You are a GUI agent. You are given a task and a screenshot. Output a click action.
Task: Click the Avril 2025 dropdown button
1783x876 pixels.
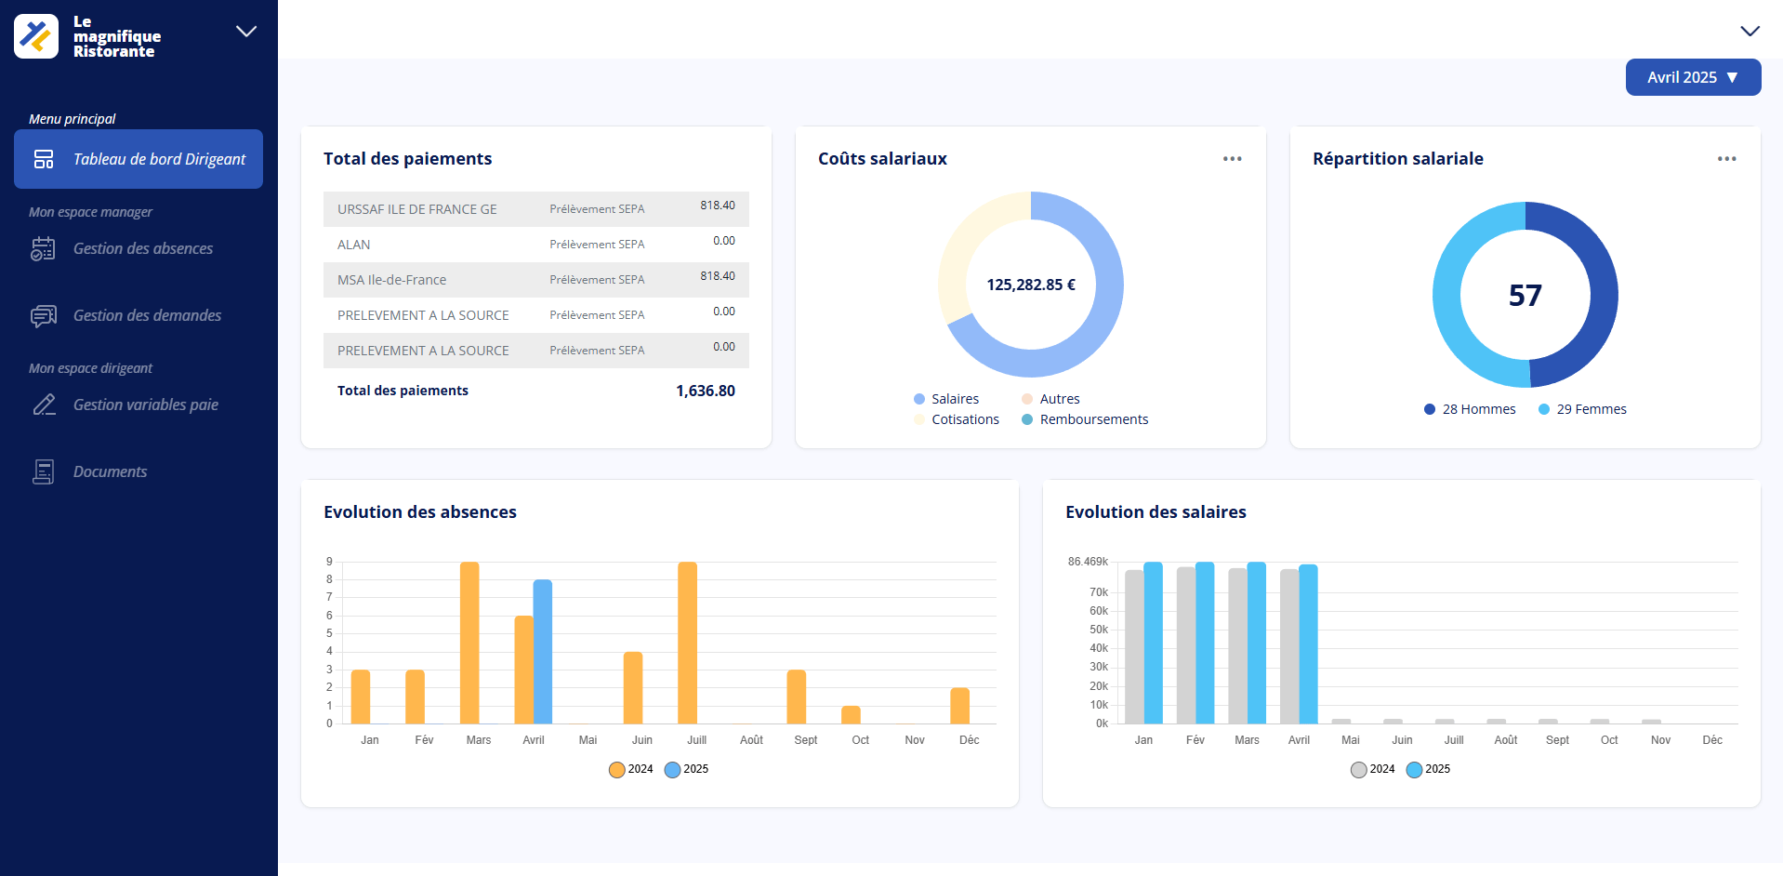pyautogui.click(x=1692, y=77)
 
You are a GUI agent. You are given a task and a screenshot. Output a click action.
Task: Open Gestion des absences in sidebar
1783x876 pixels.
pyautogui.click(x=142, y=248)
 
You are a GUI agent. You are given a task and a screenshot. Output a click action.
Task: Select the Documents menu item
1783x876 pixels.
pyautogui.click(x=110, y=471)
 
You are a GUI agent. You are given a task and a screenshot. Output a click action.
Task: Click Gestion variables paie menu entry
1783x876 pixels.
pyautogui.click(x=145, y=405)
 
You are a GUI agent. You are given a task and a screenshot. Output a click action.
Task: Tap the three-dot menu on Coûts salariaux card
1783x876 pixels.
pyautogui.click(x=1232, y=159)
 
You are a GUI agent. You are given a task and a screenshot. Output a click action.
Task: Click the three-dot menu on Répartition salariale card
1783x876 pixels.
pyautogui.click(x=1726, y=159)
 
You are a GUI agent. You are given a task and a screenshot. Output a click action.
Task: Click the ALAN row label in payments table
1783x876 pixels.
pyautogui.click(x=353, y=245)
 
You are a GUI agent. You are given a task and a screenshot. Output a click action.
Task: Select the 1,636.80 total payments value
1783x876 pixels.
pyautogui.click(x=705, y=391)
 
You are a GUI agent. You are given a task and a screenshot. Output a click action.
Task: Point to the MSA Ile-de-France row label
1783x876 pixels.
pyautogui.click(x=391, y=280)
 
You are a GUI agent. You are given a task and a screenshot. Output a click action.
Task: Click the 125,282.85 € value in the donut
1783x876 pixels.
pyautogui.click(x=1030, y=285)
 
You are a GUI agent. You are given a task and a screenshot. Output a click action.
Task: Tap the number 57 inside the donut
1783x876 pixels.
pyautogui.click(x=1525, y=296)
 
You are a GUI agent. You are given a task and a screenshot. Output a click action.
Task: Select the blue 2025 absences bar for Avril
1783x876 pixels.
pyautogui.click(x=543, y=651)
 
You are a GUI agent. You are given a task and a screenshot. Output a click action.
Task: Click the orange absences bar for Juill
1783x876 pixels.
pyautogui.click(x=687, y=642)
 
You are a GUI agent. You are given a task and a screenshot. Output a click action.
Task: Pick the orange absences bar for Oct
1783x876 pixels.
pyautogui.click(x=851, y=715)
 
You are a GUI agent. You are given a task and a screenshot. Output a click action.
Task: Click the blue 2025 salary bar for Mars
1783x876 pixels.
pyautogui.click(x=1256, y=642)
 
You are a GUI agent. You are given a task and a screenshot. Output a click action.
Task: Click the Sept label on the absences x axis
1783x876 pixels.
pyautogui.click(x=805, y=740)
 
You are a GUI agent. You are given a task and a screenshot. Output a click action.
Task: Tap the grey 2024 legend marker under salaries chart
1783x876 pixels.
pyautogui.click(x=1358, y=769)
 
